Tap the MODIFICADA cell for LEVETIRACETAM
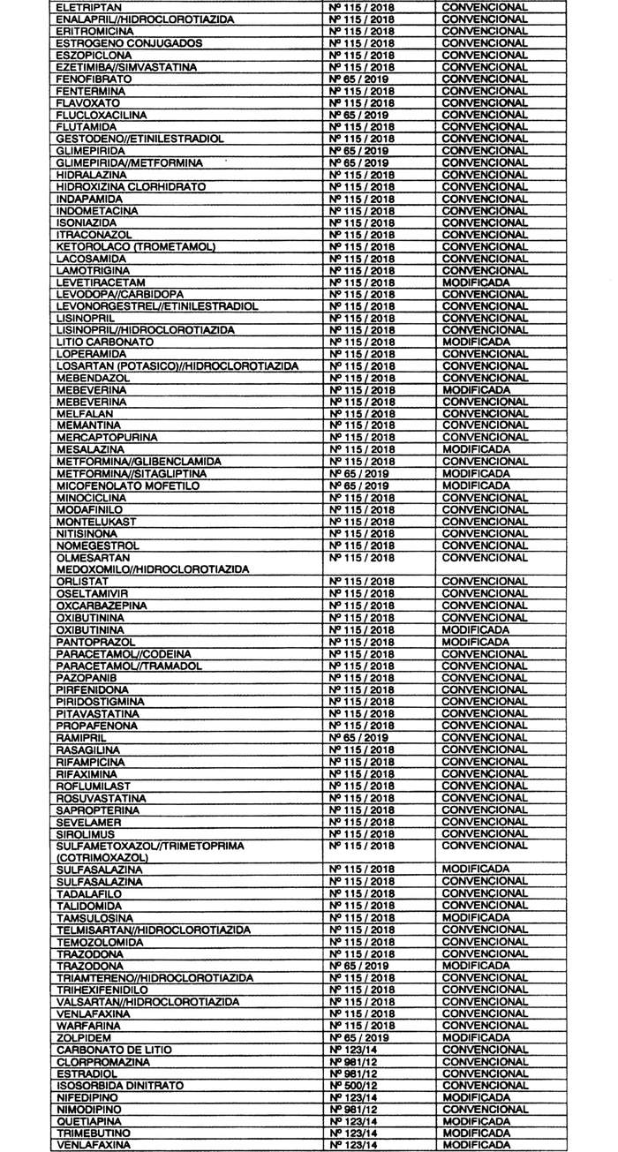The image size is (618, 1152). pos(475,282)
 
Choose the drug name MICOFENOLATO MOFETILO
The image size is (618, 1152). pos(118,486)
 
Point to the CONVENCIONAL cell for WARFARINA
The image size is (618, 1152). pos(485,1026)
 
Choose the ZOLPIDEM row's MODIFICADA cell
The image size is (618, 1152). pos(475,1037)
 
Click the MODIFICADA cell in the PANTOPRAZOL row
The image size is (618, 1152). pos(475,642)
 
